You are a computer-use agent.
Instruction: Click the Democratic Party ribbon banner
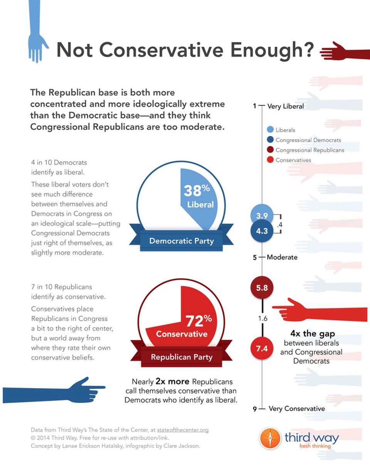(x=181, y=241)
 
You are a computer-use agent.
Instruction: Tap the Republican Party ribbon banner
(x=181, y=357)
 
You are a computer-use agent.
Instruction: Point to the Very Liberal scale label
(x=285, y=106)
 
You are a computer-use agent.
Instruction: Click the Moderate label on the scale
(x=282, y=257)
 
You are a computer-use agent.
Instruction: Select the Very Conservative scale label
(x=296, y=409)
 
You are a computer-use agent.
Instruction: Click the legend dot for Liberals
(x=270, y=130)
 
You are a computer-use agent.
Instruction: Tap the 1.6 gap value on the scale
(x=262, y=319)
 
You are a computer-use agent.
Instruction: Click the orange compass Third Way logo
(x=270, y=438)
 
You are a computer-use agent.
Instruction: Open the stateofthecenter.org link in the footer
(x=183, y=430)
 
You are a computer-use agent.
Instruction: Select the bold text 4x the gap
(x=312, y=334)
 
